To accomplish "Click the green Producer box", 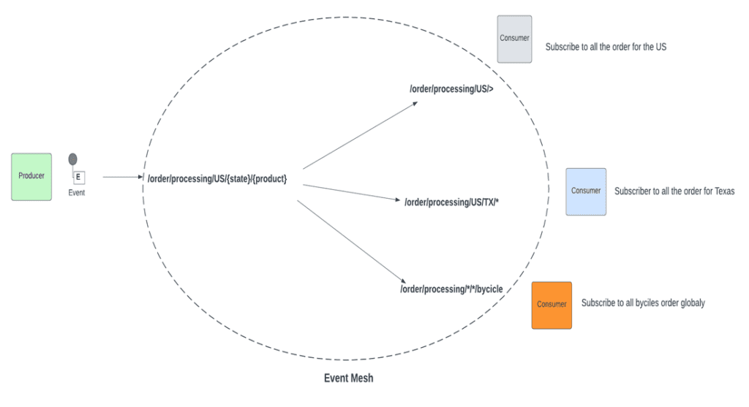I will tap(31, 177).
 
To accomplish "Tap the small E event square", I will tap(78, 177).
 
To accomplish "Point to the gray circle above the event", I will tap(72, 159).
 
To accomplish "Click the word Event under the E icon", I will tap(77, 193).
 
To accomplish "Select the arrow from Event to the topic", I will tap(123, 177).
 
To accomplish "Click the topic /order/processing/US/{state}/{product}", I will tap(217, 178).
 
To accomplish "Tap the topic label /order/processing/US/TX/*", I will tap(451, 202).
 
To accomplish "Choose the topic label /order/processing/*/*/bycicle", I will tap(451, 289).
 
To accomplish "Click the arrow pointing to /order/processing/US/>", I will tap(360, 135).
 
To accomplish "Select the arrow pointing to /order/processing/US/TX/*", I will tap(351, 192).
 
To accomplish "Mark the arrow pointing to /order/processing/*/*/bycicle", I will tap(351, 240).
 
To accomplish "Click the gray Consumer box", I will tap(514, 39).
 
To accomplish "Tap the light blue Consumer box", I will tap(586, 191).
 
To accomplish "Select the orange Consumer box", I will tap(552, 305).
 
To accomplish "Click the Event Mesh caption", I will tap(348, 379).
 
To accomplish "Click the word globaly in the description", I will tap(691, 303).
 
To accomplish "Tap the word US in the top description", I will tap(659, 47).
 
